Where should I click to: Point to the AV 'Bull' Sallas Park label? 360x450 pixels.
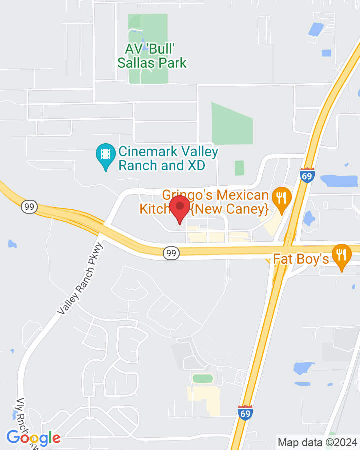152,56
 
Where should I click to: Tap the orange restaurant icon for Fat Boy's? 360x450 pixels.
342,256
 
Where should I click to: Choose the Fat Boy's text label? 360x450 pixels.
301,259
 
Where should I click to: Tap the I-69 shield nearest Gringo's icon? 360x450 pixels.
307,176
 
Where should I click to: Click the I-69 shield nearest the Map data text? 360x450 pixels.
245,413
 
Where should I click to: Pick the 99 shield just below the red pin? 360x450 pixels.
171,254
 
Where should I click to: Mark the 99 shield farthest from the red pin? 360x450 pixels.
29,206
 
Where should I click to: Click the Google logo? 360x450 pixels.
33,438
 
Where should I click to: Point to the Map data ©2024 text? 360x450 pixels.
318,442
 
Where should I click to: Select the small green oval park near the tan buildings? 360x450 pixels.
203,378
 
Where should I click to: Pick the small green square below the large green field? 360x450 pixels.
239,168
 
